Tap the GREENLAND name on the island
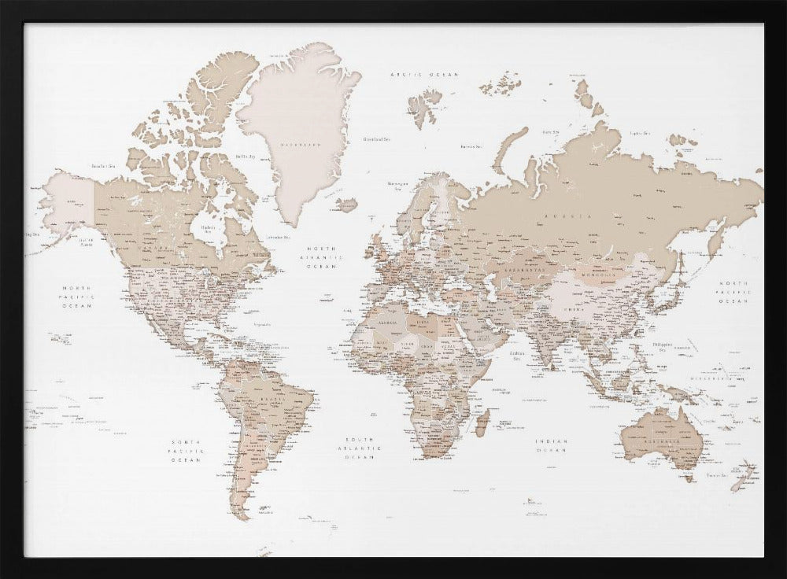pos(302,146)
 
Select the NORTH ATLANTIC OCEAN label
pos(325,257)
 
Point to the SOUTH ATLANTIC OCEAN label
pos(360,448)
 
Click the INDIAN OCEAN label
pos(552,446)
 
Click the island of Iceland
pos(347,205)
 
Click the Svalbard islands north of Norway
pos(426,105)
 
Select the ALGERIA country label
pos(386,322)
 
